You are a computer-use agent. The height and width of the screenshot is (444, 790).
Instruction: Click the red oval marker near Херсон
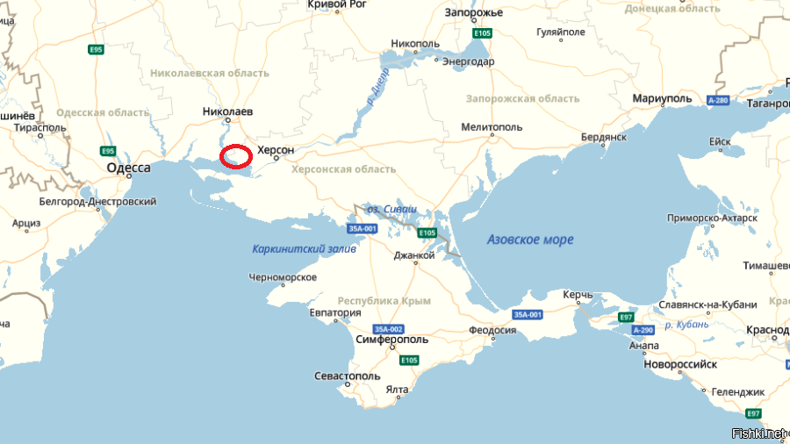tap(235, 156)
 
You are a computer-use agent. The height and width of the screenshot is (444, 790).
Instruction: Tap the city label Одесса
tap(128, 168)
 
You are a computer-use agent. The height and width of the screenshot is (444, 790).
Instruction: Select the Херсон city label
tap(275, 150)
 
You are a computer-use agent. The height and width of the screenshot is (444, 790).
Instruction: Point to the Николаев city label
tap(227, 112)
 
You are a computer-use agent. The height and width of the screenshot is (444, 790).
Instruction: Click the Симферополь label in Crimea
tap(393, 340)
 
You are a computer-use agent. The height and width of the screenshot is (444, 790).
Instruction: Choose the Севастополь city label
tap(348, 376)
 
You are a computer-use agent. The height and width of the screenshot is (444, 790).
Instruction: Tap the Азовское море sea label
tap(530, 240)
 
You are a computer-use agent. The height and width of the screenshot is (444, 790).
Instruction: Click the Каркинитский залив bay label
tap(304, 248)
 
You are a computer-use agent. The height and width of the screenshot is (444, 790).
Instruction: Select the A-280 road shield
tap(717, 101)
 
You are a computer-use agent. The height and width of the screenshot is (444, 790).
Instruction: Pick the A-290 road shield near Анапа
tap(643, 330)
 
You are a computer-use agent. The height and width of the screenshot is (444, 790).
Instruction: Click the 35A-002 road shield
tap(387, 328)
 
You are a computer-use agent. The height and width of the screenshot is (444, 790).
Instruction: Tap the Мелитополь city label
tap(492, 127)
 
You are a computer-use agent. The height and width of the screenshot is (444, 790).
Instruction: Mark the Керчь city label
tap(578, 296)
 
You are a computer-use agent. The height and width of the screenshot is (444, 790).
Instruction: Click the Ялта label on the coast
tap(397, 390)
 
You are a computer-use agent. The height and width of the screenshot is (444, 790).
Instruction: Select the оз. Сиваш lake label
tap(391, 210)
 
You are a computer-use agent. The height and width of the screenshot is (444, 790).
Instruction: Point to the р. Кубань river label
tap(686, 325)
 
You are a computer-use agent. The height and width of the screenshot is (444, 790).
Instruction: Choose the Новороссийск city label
tap(680, 364)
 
